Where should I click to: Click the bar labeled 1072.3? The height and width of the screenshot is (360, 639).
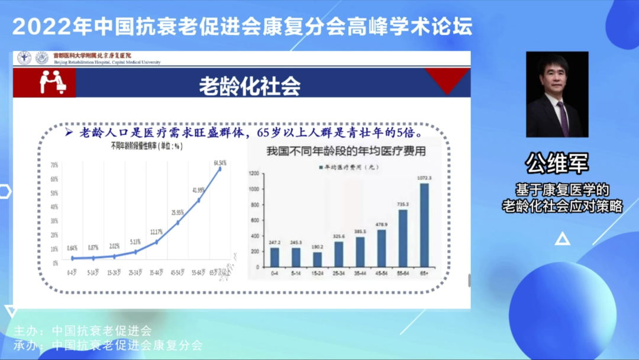424,225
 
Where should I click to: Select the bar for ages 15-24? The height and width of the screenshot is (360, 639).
317,259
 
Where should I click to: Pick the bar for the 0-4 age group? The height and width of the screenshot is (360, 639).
275,257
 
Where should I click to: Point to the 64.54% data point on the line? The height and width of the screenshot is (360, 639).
220,168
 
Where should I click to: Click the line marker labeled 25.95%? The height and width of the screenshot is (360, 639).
177,223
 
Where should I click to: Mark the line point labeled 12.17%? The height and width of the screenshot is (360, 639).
156,242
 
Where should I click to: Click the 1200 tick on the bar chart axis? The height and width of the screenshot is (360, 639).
255,173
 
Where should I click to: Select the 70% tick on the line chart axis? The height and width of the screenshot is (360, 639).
54,165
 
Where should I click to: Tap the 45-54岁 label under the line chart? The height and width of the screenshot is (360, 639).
177,273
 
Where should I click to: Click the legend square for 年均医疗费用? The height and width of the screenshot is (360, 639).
319,167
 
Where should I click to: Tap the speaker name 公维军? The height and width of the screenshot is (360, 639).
557,164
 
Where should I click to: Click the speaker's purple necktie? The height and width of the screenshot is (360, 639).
562,116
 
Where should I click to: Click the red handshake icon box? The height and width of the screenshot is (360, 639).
53,83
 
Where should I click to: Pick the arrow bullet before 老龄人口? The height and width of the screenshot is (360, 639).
69,131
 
